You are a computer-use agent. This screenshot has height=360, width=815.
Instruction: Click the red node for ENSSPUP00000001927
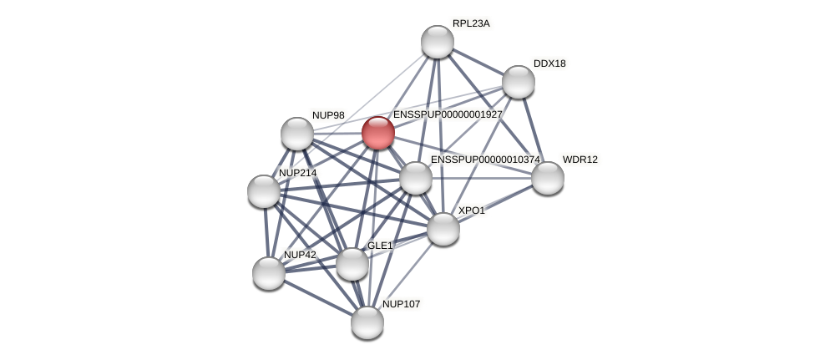point(377,132)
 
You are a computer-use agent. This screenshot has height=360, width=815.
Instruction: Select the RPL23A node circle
point(437,42)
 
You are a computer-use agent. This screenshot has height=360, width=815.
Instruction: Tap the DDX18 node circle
point(518,81)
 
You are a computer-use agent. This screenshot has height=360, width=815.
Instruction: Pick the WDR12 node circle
point(547,177)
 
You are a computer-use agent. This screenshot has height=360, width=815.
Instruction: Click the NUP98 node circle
point(296,134)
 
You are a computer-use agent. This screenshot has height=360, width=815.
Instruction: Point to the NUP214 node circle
point(263,191)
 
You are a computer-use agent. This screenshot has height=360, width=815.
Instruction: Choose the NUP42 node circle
point(268,272)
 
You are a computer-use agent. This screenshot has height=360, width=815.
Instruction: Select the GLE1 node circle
point(352,264)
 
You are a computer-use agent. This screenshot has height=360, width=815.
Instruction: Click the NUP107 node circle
point(367,322)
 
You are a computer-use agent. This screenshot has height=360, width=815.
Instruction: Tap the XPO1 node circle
point(443,228)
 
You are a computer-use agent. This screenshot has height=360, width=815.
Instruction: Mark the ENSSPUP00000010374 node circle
point(415,177)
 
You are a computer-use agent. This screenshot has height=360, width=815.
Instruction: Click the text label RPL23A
point(471,23)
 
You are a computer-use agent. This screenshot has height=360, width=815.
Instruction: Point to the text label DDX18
point(549,63)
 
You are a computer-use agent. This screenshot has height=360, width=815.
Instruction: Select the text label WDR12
point(580,160)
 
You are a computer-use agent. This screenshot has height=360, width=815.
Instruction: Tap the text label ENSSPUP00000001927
point(448,114)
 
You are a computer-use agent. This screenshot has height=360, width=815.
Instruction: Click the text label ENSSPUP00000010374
point(485,160)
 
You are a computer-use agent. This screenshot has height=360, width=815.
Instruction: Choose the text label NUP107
point(401,304)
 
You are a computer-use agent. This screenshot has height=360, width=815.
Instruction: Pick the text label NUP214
point(297,173)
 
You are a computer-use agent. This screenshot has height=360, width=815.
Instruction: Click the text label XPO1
point(471,210)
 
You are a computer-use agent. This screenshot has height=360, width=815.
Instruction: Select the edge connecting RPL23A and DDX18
point(478,62)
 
